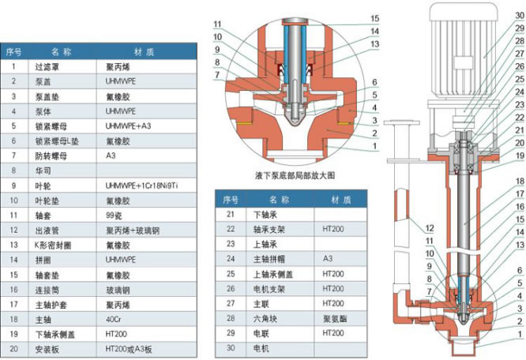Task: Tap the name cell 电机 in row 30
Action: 259,348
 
